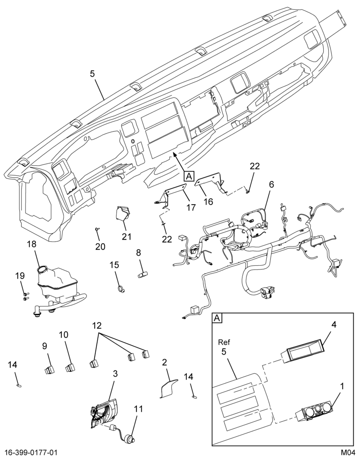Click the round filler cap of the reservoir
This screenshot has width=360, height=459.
coord(43,269)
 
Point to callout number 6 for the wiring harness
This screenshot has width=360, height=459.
coord(271,184)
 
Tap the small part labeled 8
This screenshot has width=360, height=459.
coord(143,275)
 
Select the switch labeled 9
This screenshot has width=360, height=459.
coord(50,370)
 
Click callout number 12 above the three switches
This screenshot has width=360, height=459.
coord(97,325)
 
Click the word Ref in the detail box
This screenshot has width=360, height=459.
coord(224,341)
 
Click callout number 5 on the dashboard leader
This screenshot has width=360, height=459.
coord(92,74)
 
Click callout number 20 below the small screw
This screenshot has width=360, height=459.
coord(100,247)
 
